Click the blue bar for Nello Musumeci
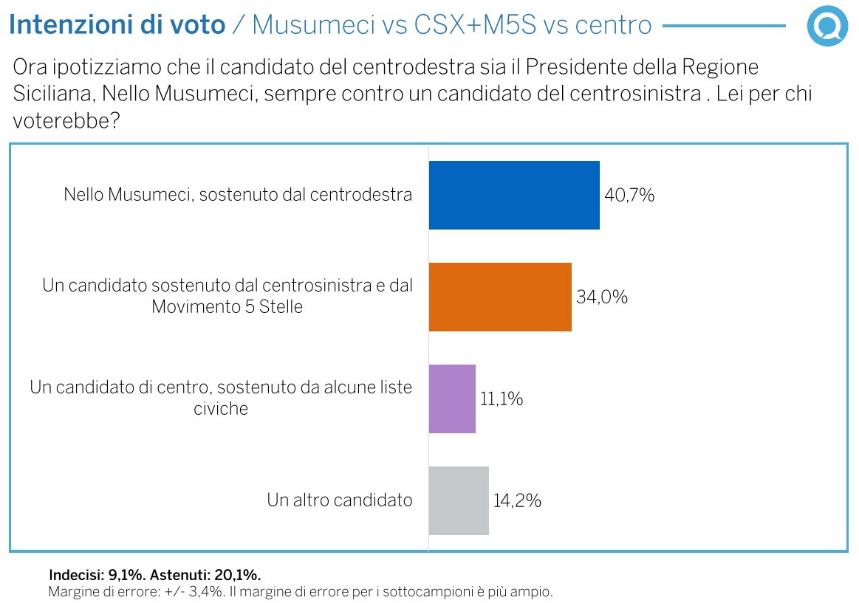[x=514, y=196]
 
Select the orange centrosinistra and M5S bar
[x=500, y=297]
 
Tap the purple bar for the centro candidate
[x=452, y=399]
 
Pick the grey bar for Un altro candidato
[x=459, y=500]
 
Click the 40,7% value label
[x=629, y=196]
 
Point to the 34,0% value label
[x=602, y=297]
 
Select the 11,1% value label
[x=502, y=399]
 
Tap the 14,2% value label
[x=517, y=501]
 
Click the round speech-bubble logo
[x=828, y=27]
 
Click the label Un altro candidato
[x=340, y=500]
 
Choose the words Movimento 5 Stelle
[x=227, y=307]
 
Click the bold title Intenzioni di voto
[x=117, y=25]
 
